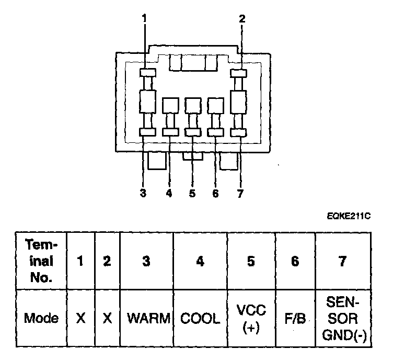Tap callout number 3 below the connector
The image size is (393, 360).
(143, 193)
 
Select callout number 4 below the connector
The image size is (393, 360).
(168, 193)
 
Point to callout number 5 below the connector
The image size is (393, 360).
(192, 193)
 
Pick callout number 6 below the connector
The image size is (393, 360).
(215, 193)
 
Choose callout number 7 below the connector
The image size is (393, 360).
(239, 193)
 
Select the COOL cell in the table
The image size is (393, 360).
(200, 318)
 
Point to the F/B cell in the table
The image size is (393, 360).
(295, 318)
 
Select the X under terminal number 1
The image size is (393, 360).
(80, 318)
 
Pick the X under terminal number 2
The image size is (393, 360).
(107, 318)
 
